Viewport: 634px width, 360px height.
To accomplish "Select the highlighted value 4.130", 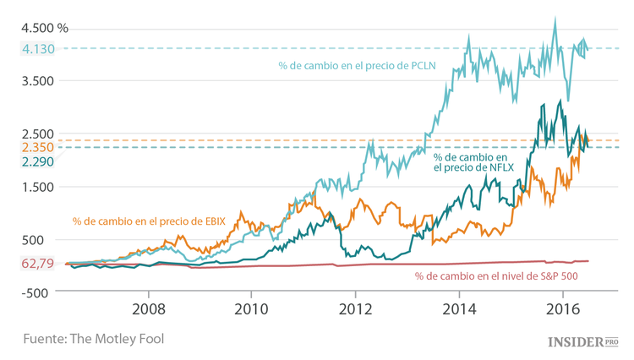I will [x=37, y=49].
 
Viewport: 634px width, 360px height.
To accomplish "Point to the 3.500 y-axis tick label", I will [x=37, y=81].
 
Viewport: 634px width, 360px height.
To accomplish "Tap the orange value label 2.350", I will [x=37, y=147].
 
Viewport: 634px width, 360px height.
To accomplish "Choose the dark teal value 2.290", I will [x=37, y=161].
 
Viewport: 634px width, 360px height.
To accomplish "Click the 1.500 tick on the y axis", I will [x=37, y=187].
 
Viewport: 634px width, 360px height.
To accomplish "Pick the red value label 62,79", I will [x=37, y=264].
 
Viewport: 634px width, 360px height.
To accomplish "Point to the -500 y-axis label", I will [x=37, y=292].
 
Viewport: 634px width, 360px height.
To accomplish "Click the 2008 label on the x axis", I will [x=149, y=308].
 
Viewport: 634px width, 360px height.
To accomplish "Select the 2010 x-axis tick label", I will [x=252, y=308].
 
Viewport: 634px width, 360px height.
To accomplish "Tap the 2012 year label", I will [x=355, y=308].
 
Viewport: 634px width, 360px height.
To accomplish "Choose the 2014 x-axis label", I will [x=459, y=308].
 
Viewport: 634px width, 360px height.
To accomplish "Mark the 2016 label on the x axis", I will [x=562, y=308].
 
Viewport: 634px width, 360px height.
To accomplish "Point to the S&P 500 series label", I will [x=496, y=276].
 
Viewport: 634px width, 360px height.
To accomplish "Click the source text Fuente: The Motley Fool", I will [x=93, y=338].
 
